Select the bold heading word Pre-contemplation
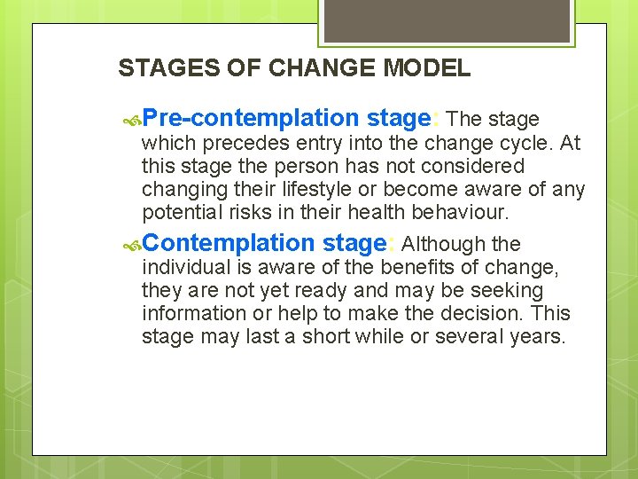click(x=250, y=118)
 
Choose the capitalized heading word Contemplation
click(x=229, y=243)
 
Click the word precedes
click(x=236, y=144)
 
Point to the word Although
click(x=442, y=244)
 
